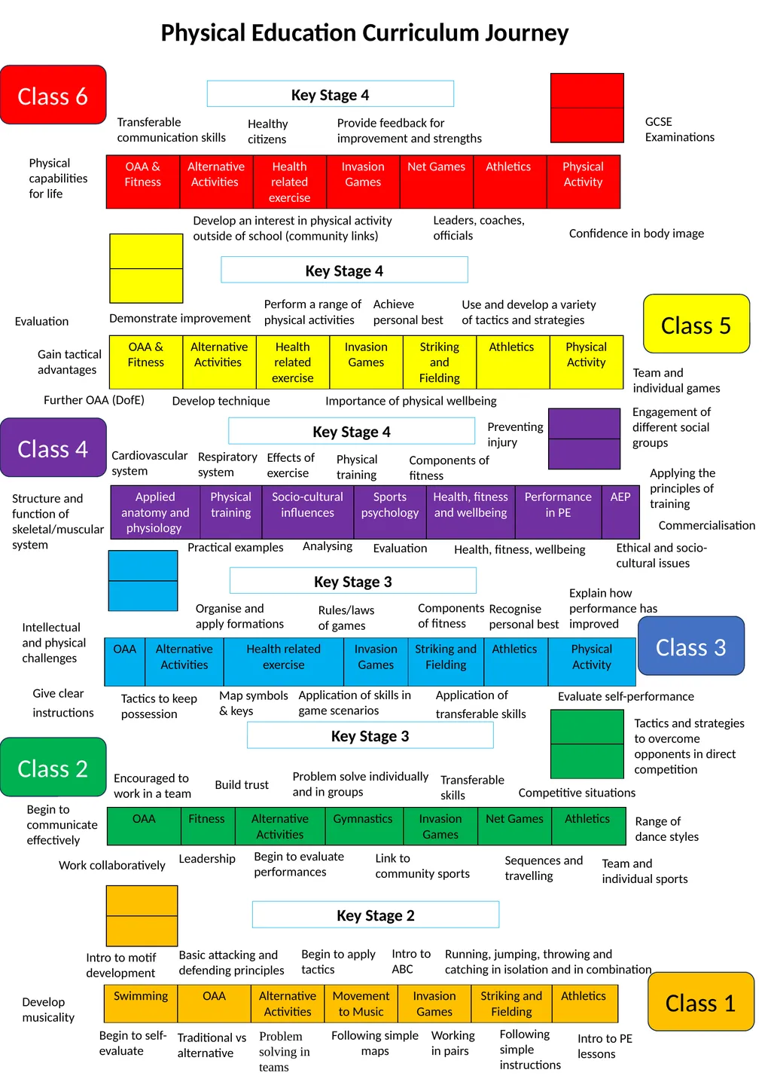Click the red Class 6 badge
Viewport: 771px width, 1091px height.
pyautogui.click(x=53, y=95)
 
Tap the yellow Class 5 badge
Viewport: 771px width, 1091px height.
pyautogui.click(x=696, y=324)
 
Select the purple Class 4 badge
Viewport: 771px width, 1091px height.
pyautogui.click(x=53, y=448)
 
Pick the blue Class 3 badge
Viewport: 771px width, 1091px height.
pyautogui.click(x=691, y=646)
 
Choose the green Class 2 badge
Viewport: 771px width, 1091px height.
pyautogui.click(x=53, y=767)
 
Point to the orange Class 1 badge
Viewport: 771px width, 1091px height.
pyautogui.click(x=701, y=1002)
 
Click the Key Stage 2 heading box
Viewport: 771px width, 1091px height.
pyautogui.click(x=376, y=915)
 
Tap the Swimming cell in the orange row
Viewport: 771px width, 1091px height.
pyautogui.click(x=141, y=1004)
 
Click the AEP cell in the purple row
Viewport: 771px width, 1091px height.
pyautogui.click(x=620, y=512)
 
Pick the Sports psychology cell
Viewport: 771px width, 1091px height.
pyautogui.click(x=390, y=512)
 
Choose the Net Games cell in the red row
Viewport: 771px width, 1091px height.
pyautogui.click(x=437, y=182)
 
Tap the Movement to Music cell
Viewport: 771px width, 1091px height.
pyautogui.click(x=361, y=1004)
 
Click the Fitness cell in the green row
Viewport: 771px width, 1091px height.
pyautogui.click(x=208, y=826)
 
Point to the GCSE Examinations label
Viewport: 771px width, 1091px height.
pyautogui.click(x=679, y=130)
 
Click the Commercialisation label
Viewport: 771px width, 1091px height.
pyautogui.click(x=707, y=525)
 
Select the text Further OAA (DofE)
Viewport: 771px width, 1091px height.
pyautogui.click(x=94, y=400)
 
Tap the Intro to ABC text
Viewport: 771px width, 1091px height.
pyautogui.click(x=411, y=961)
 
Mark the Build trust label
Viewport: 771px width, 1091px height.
pyautogui.click(x=242, y=784)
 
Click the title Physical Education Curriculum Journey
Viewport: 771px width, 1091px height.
pyautogui.click(x=364, y=33)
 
